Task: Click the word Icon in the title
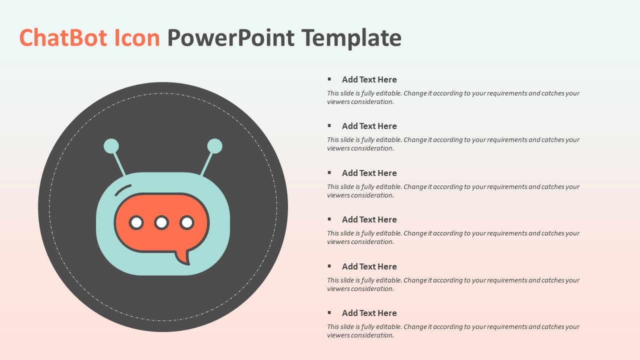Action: coord(137,38)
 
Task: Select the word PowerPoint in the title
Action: coord(230,38)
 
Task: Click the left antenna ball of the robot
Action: coord(111,146)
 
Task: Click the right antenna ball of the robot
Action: coord(214,146)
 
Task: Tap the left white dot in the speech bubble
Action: coord(136,222)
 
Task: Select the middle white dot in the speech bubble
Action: coord(161,222)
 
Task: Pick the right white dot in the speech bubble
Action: coord(187,222)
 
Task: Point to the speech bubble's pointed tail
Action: coord(183,257)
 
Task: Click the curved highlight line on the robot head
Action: coord(122,189)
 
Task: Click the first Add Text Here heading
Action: coord(369,79)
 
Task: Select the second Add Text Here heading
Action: coord(369,126)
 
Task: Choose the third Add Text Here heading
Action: coord(369,173)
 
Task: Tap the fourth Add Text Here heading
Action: coord(369,219)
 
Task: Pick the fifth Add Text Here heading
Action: coord(369,266)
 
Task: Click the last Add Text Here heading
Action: coord(369,313)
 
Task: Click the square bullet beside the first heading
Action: coord(329,79)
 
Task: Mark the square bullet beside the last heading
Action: coord(329,312)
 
